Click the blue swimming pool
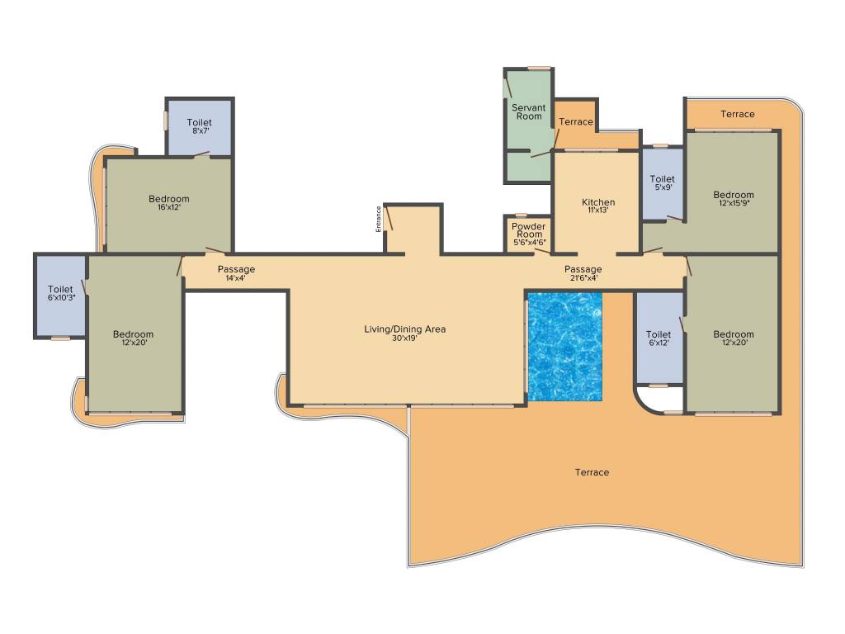pyautogui.click(x=564, y=347)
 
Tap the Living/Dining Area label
pyautogui.click(x=404, y=329)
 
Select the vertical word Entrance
pyautogui.click(x=379, y=218)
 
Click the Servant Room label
pyautogui.click(x=528, y=112)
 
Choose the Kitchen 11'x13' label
pyautogui.click(x=598, y=206)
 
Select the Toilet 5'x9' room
pyautogui.click(x=662, y=182)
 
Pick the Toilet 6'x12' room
pyautogui.click(x=659, y=338)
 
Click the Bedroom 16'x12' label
pyautogui.click(x=169, y=202)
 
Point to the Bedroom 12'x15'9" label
pyautogui.click(x=734, y=199)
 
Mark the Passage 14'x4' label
pyautogui.click(x=236, y=273)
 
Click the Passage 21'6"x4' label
pyautogui.click(x=583, y=273)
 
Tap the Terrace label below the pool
pyautogui.click(x=592, y=472)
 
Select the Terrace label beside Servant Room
pyautogui.click(x=575, y=122)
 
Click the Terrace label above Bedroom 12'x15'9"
pyautogui.click(x=737, y=114)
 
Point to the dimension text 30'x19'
pyautogui.click(x=404, y=338)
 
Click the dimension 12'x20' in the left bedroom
pyautogui.click(x=133, y=343)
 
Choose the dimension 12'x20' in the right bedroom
pyautogui.click(x=734, y=343)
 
